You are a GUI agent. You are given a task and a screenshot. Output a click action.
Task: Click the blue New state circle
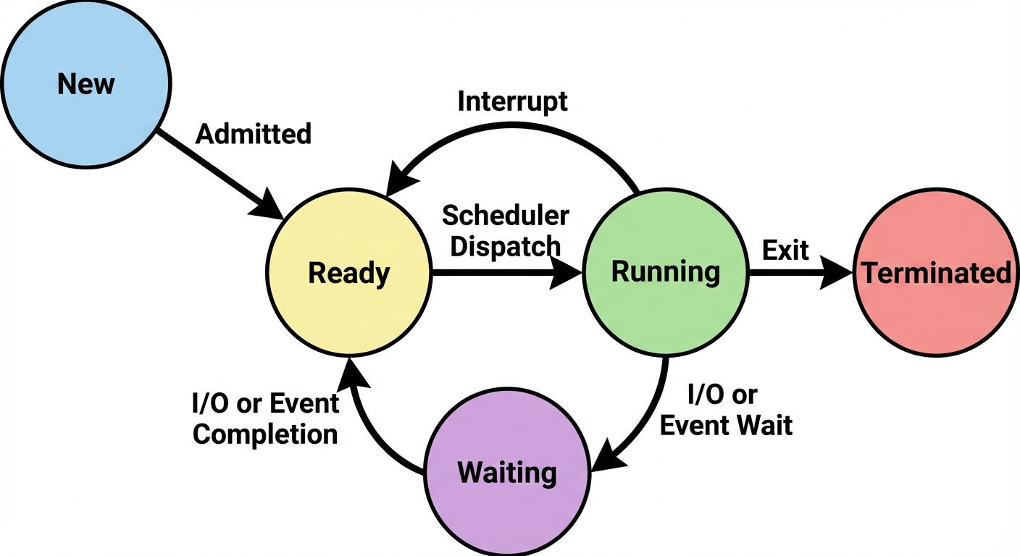(x=85, y=85)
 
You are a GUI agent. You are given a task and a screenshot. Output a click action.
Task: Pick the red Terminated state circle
(x=935, y=274)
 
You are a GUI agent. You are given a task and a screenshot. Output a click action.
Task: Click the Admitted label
(x=254, y=134)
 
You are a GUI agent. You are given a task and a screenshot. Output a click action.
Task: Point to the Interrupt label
(x=512, y=101)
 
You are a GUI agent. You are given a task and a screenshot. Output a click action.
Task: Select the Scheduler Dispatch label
(x=506, y=230)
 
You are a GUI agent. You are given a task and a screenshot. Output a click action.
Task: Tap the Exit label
(x=785, y=250)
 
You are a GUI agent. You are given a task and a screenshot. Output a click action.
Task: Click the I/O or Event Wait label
(x=726, y=410)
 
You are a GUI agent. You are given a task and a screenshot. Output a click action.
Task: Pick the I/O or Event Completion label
(x=266, y=418)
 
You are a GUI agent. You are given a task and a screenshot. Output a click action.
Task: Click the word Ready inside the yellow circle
(x=349, y=274)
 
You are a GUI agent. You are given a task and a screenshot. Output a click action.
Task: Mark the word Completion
(x=266, y=434)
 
